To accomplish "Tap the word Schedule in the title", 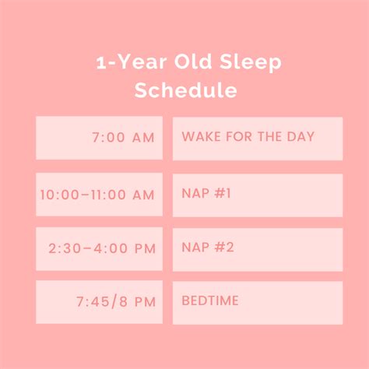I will (x=185, y=90).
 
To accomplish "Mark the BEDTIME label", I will (x=210, y=301).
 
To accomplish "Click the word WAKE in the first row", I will (x=198, y=138).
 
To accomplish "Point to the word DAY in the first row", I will (x=300, y=138).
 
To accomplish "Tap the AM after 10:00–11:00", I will (x=140, y=195).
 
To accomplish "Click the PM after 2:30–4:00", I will (x=142, y=249).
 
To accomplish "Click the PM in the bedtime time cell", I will (x=141, y=302).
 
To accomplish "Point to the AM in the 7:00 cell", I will (x=140, y=138).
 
